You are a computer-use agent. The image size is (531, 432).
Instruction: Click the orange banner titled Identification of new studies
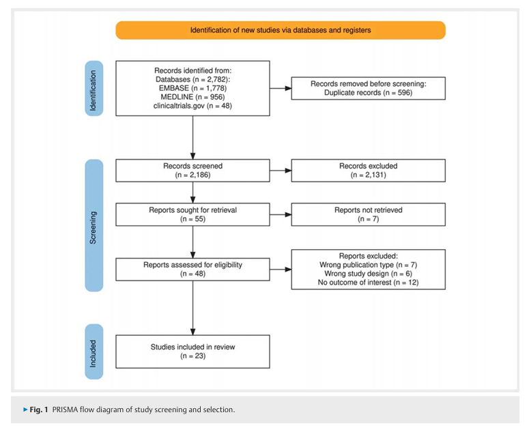pyautogui.click(x=281, y=30)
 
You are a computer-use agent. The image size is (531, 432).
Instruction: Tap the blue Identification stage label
pyautogui.click(x=94, y=88)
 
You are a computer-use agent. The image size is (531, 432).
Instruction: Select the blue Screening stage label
pyautogui.click(x=94, y=225)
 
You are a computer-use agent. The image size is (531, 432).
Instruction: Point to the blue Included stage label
pyautogui.click(x=94, y=351)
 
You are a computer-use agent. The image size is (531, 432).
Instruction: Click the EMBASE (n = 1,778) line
pyautogui.click(x=192, y=88)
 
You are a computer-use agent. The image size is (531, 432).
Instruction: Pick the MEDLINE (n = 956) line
pyautogui.click(x=192, y=97)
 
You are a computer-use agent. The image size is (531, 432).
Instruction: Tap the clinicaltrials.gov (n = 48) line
pyautogui.click(x=192, y=106)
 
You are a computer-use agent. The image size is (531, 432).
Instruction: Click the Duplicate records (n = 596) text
pyautogui.click(x=368, y=93)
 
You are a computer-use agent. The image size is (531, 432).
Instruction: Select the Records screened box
pyautogui.click(x=192, y=171)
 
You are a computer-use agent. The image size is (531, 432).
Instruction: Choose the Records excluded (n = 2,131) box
pyautogui.click(x=369, y=171)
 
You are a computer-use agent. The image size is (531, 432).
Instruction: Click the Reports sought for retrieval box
pyautogui.click(x=192, y=215)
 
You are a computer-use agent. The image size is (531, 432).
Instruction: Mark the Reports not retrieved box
pyautogui.click(x=369, y=215)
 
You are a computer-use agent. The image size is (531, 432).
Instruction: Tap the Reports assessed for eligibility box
pyautogui.click(x=192, y=270)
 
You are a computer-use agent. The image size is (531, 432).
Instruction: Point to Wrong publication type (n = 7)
pyautogui.click(x=368, y=265)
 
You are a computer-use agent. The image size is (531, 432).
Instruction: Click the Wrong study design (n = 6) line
pyautogui.click(x=368, y=274)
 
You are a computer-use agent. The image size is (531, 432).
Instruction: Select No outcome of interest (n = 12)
pyautogui.click(x=368, y=283)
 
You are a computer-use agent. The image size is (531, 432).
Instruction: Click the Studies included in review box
pyautogui.click(x=192, y=351)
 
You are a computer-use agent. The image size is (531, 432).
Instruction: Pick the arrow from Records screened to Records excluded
pyautogui.click(x=281, y=171)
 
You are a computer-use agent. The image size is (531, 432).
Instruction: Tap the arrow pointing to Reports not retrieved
pyautogui.click(x=281, y=215)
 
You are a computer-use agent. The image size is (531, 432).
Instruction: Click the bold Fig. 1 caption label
pyautogui.click(x=39, y=409)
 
